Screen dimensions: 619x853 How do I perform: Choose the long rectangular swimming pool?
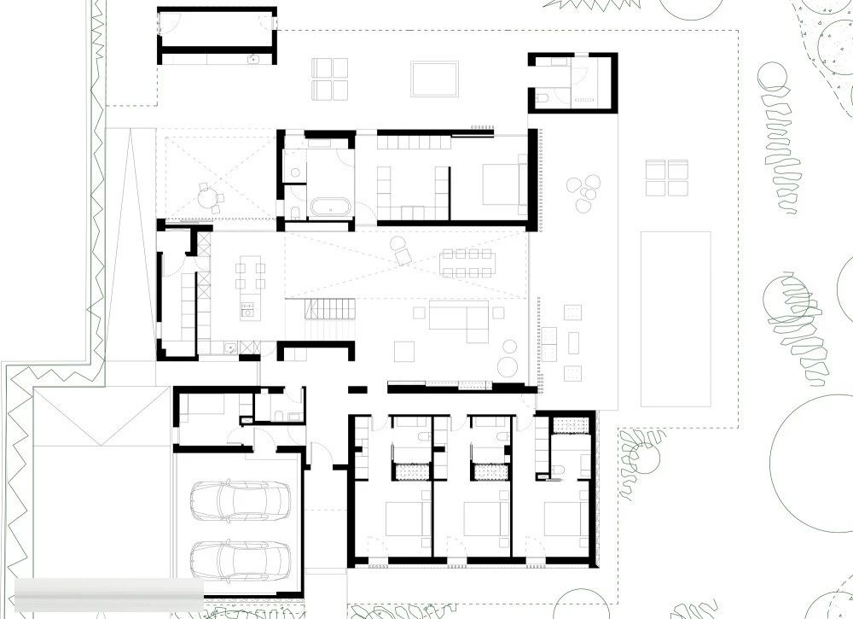(676, 318)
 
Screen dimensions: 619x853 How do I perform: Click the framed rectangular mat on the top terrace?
(434, 79)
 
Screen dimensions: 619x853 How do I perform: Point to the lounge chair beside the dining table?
(401, 251)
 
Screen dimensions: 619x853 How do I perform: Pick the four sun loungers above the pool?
(666, 178)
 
